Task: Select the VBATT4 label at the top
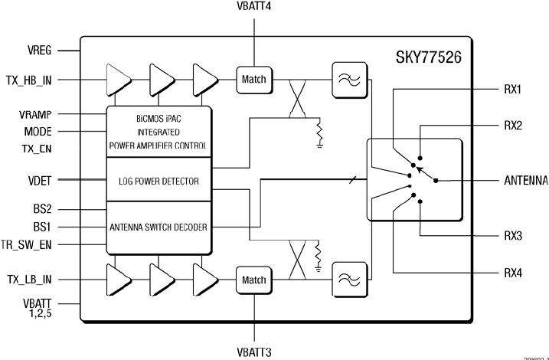(x=255, y=7)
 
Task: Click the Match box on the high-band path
(x=253, y=78)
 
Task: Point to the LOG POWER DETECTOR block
(x=158, y=181)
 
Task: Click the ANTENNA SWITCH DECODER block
(x=158, y=227)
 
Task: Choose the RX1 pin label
(x=514, y=90)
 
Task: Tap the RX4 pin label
(x=514, y=273)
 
